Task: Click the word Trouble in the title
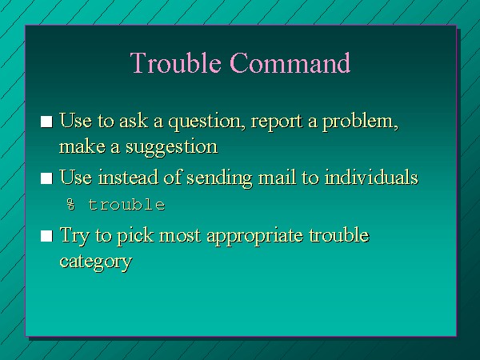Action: [175, 62]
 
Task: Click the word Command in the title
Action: [290, 62]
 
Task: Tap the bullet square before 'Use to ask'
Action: [46, 122]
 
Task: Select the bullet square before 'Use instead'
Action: [46, 178]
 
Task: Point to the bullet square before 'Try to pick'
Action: [46, 236]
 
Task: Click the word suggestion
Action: [172, 147]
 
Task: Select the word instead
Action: [128, 178]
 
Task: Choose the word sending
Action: [219, 178]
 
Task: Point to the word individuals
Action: [371, 178]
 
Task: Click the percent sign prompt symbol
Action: [70, 205]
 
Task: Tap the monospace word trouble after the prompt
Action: [126, 205]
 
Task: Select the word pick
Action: [135, 236]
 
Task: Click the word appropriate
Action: [255, 236]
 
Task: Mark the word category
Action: [96, 262]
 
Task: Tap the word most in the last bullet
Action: [180, 236]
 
